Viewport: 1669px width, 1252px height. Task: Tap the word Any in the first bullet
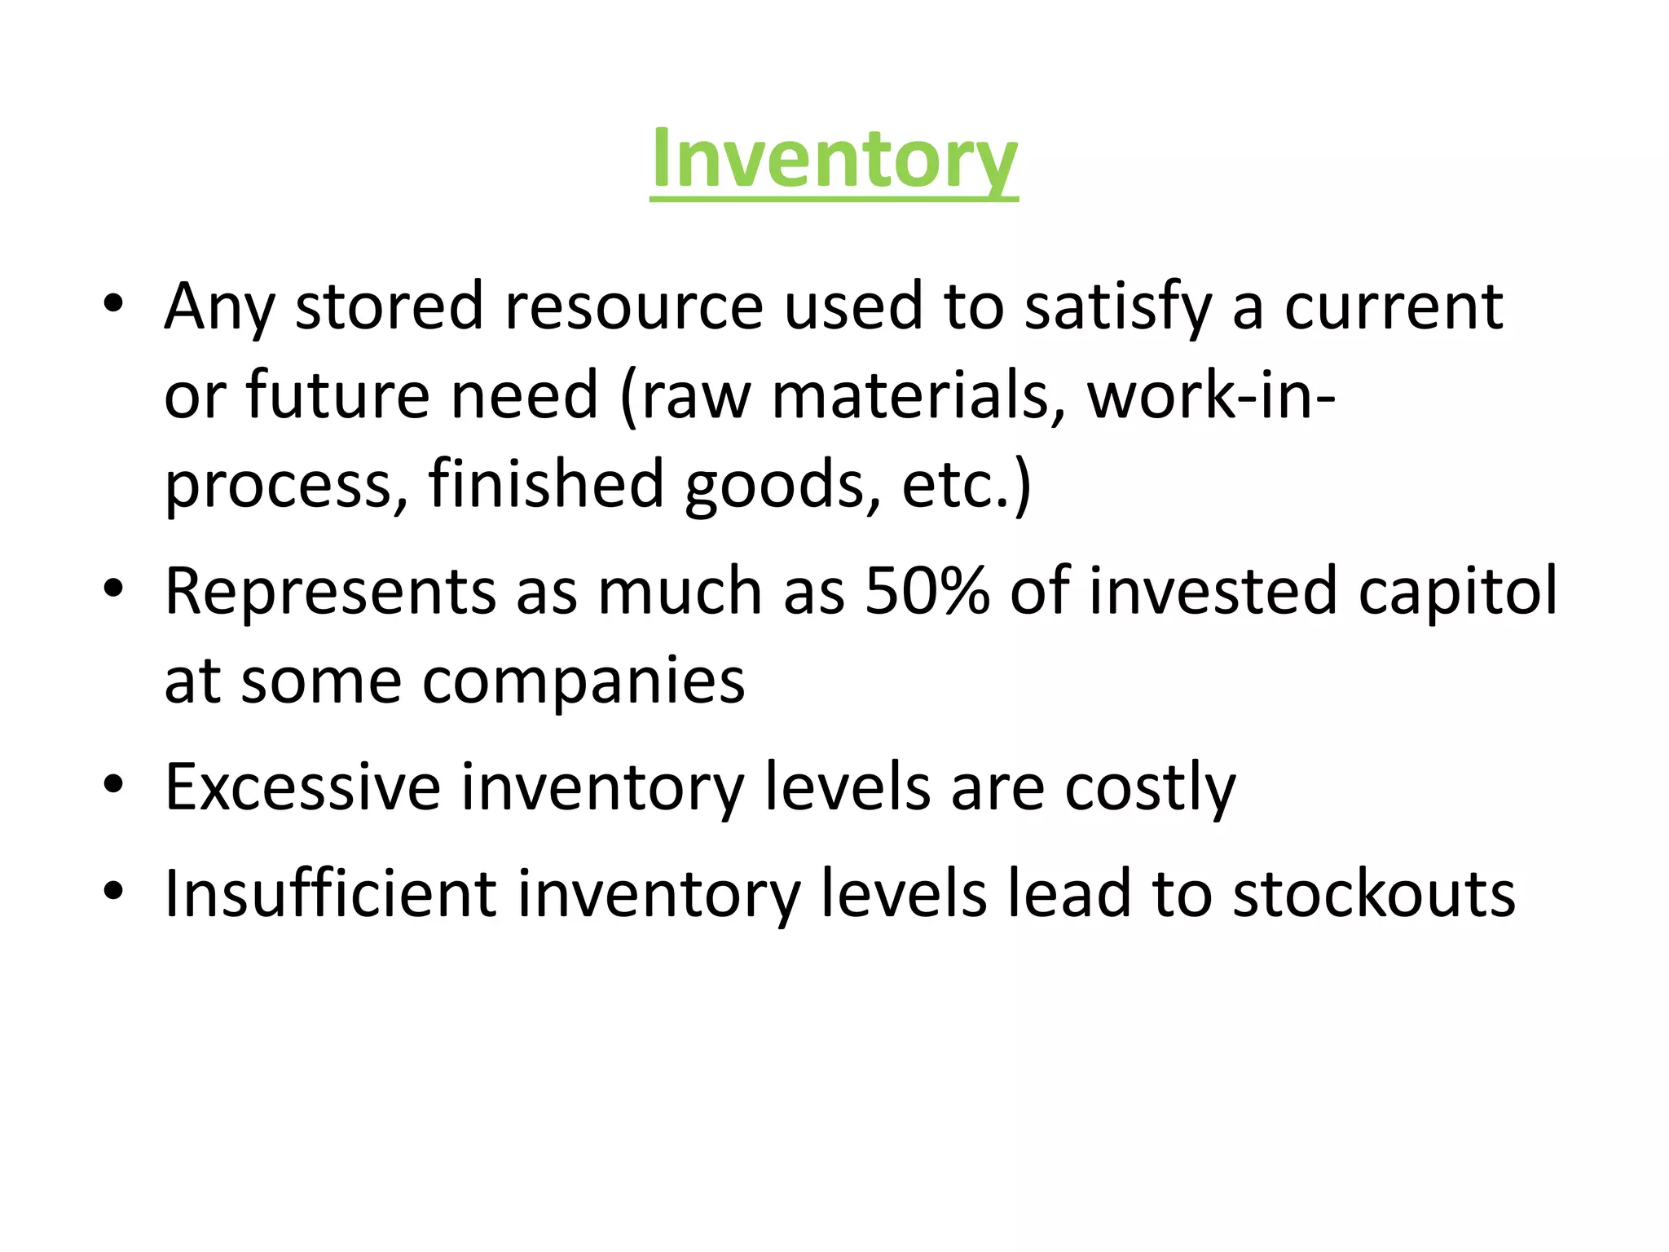click(219, 307)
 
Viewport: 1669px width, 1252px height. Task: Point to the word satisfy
click(1117, 307)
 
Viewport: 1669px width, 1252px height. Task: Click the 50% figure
click(927, 591)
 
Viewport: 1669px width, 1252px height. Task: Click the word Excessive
click(302, 787)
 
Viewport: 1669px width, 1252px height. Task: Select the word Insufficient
click(330, 894)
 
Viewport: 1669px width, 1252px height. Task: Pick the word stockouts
click(1374, 894)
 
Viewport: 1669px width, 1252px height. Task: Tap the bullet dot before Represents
click(113, 589)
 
